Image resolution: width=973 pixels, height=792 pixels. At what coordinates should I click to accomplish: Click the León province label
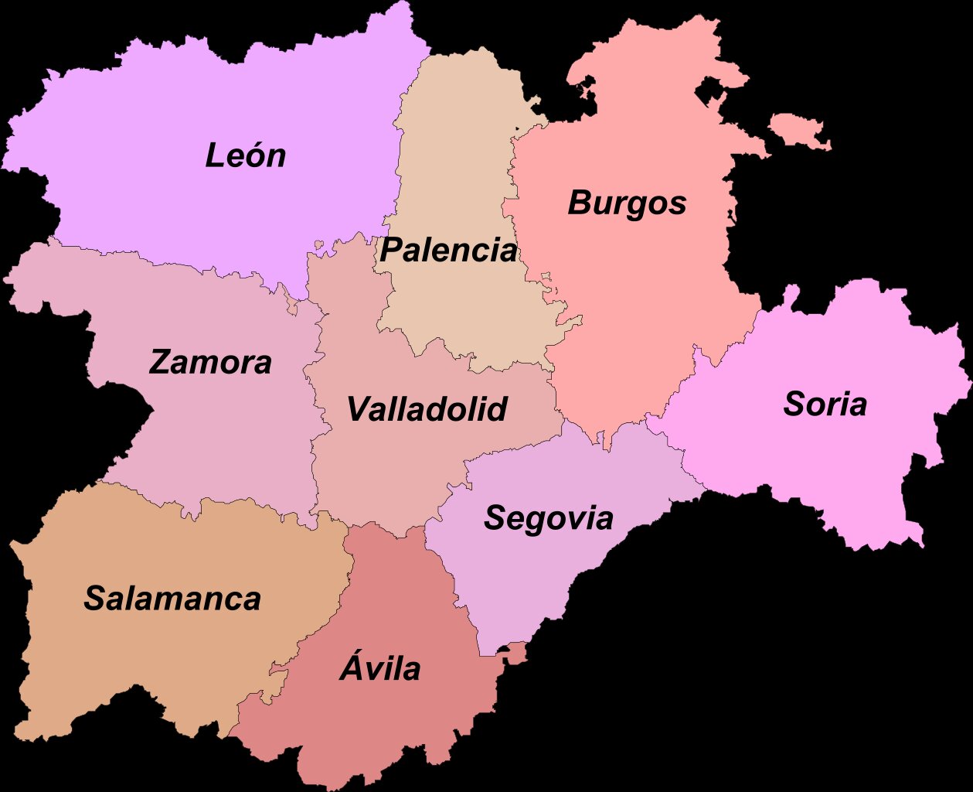coord(245,155)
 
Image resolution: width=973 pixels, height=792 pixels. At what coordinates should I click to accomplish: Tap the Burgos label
coord(627,203)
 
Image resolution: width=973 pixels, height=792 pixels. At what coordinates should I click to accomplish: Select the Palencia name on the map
coord(448,251)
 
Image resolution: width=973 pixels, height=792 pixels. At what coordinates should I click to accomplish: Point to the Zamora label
coord(210,362)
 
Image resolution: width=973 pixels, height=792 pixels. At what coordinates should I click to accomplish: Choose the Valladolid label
coord(427,409)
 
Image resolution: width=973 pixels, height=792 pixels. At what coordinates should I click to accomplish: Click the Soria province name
coord(825,404)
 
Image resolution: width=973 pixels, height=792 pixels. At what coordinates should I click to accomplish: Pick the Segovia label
coord(549,518)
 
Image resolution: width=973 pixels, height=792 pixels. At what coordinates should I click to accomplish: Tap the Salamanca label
coord(172,599)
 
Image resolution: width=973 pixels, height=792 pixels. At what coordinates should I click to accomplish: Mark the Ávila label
coord(380,668)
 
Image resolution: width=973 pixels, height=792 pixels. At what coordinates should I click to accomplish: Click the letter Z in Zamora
coord(160,362)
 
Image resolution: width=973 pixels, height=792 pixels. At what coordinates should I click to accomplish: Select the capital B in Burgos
coord(580,203)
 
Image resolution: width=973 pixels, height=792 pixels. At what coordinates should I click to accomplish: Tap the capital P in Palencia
coord(390,251)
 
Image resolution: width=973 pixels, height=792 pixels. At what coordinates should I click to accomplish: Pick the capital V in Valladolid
coord(358,409)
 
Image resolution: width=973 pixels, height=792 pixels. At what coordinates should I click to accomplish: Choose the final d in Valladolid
coord(497,408)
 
